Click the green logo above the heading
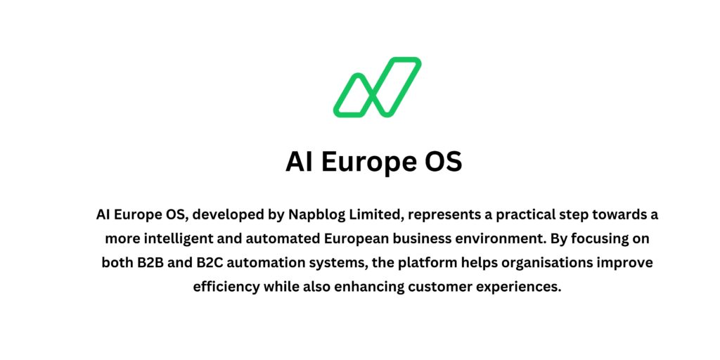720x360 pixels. (x=377, y=86)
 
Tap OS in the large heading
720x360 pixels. (x=443, y=162)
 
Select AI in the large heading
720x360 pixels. (x=300, y=162)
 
